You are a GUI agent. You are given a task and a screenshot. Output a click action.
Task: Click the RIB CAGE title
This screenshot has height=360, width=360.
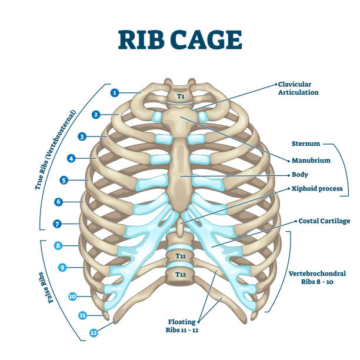pyautogui.click(x=180, y=40)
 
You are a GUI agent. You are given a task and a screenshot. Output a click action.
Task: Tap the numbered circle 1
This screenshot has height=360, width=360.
pyautogui.click(x=115, y=92)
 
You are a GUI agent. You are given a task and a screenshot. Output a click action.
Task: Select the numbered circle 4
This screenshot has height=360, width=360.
pyautogui.click(x=71, y=158)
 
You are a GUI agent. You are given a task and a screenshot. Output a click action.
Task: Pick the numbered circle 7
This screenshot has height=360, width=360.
pyautogui.click(x=58, y=224)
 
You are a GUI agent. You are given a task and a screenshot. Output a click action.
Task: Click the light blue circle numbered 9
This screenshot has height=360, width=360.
pyautogui.click(x=62, y=268)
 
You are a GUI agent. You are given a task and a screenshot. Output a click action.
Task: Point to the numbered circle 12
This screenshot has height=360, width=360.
pyautogui.click(x=94, y=332)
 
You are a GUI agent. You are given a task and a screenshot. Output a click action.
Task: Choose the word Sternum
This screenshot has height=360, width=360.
pyautogui.click(x=305, y=143)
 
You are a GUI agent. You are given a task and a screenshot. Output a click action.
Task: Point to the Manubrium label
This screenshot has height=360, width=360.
pyautogui.click(x=311, y=160)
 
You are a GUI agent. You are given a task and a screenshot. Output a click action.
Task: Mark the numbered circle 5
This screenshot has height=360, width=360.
pyautogui.click(x=64, y=180)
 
